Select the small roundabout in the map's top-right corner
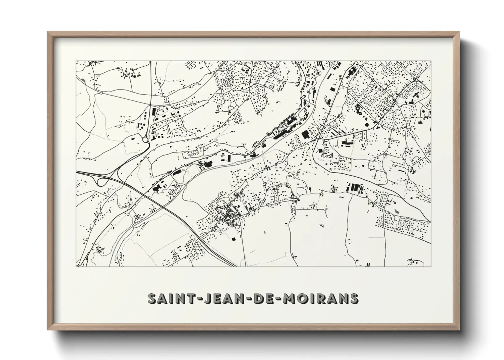pos(416,79)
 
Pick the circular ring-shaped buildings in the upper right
pos(358,109)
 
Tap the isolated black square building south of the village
pos(233,239)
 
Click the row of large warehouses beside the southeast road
pos(354,187)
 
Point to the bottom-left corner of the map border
pos(76,266)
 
